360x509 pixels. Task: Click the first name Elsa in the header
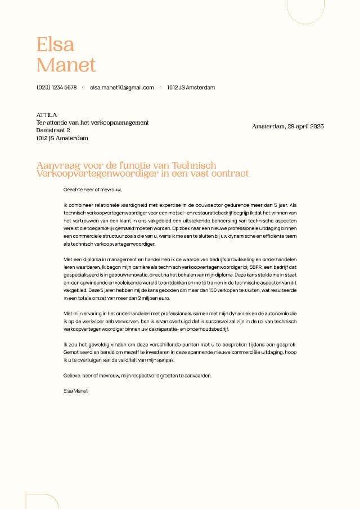(55, 44)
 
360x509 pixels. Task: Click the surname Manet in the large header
(66, 65)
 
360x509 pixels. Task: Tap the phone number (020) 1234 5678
(56, 88)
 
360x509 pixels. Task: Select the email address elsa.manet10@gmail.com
(121, 88)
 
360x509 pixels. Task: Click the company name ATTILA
(46, 115)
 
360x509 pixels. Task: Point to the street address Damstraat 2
(53, 130)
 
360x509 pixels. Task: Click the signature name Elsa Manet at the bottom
(76, 390)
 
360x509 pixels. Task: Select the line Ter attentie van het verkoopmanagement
(92, 123)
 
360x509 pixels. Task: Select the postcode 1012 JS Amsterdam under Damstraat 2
(62, 138)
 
